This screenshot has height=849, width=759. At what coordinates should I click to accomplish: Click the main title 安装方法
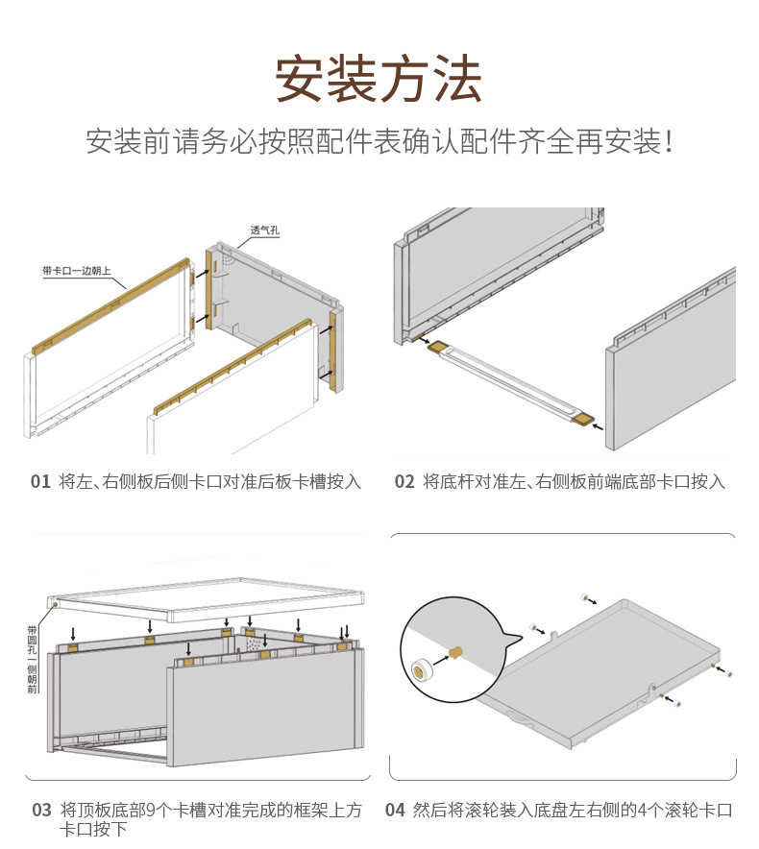pyautogui.click(x=379, y=79)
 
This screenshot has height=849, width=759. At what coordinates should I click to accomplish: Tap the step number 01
pyautogui.click(x=39, y=481)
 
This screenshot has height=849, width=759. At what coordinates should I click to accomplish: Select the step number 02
pyautogui.click(x=404, y=481)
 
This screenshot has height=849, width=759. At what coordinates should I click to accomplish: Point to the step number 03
pyautogui.click(x=41, y=810)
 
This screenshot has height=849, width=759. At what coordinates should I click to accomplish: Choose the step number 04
pyautogui.click(x=395, y=810)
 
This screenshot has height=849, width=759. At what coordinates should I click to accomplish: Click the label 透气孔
pyautogui.click(x=264, y=230)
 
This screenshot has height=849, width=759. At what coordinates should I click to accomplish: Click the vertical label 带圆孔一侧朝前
pyautogui.click(x=33, y=659)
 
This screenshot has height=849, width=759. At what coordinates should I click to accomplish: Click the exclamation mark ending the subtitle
pyautogui.click(x=669, y=143)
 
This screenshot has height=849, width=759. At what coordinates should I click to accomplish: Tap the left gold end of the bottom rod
pyautogui.click(x=437, y=347)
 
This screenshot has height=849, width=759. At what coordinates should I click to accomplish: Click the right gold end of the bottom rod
pyautogui.click(x=582, y=418)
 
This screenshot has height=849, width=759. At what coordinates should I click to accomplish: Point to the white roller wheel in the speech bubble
pyautogui.click(x=420, y=669)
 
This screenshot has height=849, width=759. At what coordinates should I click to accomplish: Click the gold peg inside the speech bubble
pyautogui.click(x=458, y=653)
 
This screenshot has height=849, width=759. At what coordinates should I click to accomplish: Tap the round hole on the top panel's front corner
pyautogui.click(x=57, y=605)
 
